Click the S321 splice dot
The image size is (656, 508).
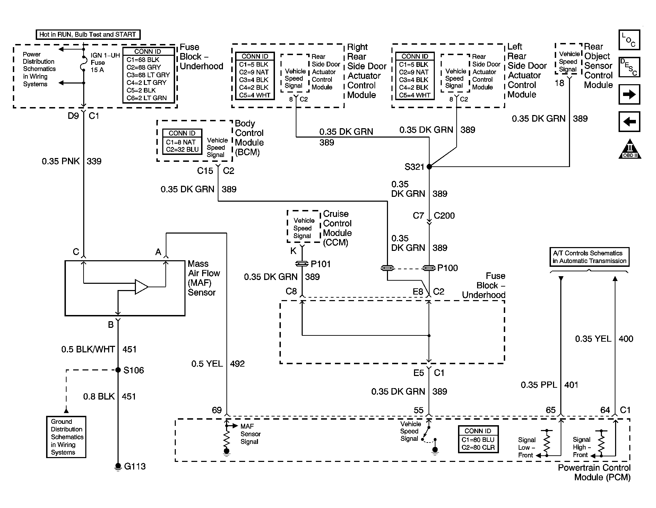tap(429, 167)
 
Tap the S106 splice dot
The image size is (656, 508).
tap(118, 370)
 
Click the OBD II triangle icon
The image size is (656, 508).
tap(630, 150)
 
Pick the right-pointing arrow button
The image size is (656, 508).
tap(629, 95)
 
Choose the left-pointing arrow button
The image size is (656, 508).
tap(629, 122)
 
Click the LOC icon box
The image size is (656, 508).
tap(629, 40)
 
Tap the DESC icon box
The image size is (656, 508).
tap(629, 67)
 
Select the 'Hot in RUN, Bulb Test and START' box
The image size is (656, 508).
tap(88, 35)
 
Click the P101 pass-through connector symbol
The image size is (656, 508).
tap(302, 264)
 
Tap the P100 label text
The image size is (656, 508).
tap(448, 268)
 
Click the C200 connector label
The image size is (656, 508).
tap(444, 216)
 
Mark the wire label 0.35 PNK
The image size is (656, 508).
tap(61, 161)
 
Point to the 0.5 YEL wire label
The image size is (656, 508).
tap(207, 364)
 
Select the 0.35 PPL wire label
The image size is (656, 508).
tap(539, 385)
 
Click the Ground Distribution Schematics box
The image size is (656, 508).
tap(66, 437)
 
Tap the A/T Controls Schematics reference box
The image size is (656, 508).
tap(589, 257)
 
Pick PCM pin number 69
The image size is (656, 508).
tap(217, 410)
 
